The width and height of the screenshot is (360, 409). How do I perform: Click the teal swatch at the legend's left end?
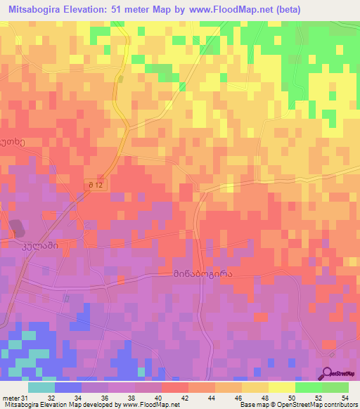coord(41,387)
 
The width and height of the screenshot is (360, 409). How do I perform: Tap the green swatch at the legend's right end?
coord(335,387)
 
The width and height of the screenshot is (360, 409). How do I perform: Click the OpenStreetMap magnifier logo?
coord(328,373)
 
